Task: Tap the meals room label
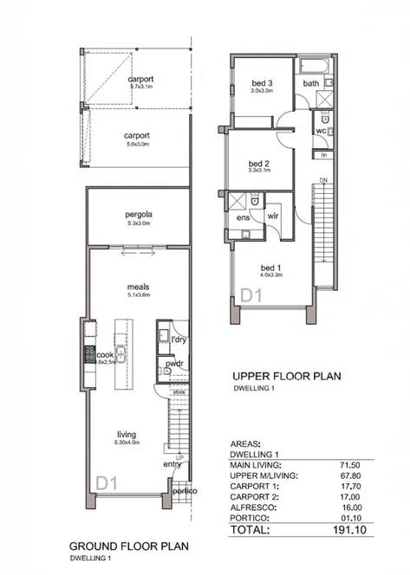coord(139,286)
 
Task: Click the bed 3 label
coord(262,81)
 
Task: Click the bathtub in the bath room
coord(314,68)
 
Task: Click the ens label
coord(244,219)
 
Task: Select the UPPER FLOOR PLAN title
coord(286,377)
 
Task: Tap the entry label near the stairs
coord(172,464)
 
